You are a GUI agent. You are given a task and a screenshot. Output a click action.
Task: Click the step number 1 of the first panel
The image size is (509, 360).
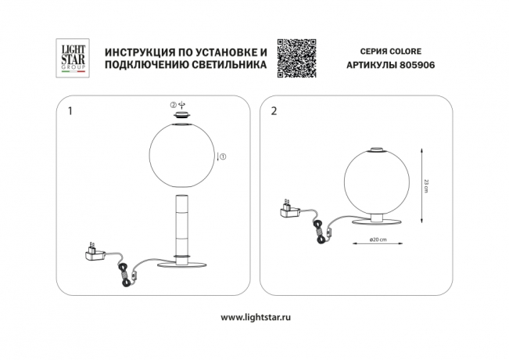[x=71, y=111]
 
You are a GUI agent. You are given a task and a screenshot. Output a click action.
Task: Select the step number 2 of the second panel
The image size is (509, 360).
[x=273, y=111]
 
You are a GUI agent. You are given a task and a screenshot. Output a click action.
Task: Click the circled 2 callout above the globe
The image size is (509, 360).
[x=174, y=105]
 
